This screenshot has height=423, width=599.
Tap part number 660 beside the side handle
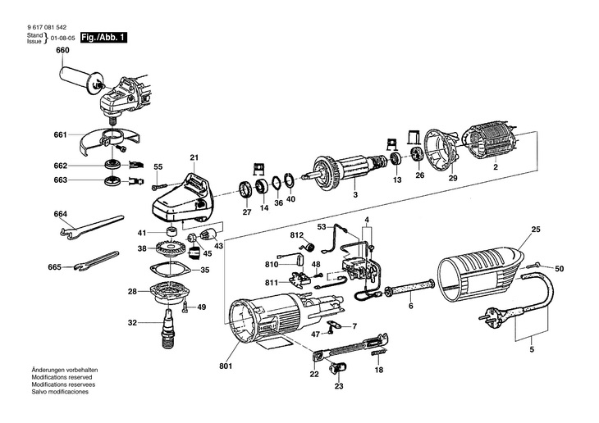62,51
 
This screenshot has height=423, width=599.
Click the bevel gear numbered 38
172,248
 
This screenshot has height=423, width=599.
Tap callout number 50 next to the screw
560,269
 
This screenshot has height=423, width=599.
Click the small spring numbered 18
379,354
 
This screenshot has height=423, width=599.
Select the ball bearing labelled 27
245,193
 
